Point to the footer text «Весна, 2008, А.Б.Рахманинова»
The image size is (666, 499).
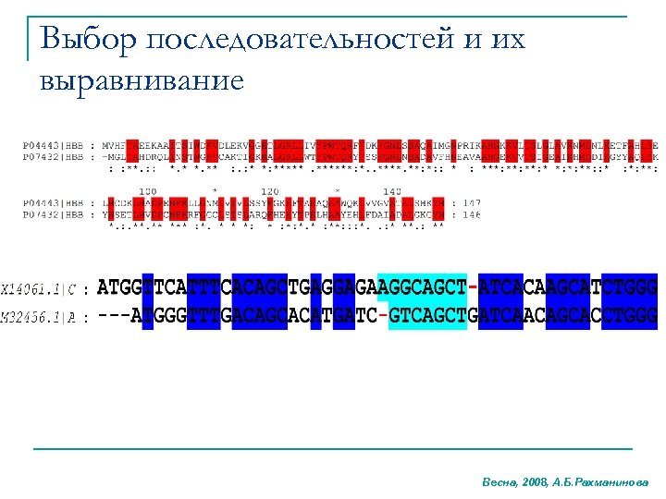click(565, 482)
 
